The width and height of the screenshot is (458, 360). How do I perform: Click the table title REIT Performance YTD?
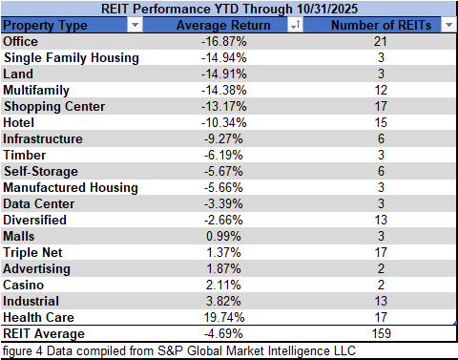pos(228,10)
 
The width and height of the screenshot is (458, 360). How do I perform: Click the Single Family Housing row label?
pos(71,58)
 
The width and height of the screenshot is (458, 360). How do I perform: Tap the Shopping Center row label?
pos(54,106)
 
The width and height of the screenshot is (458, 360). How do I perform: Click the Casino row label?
pos(24,285)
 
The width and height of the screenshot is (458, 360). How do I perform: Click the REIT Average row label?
pos(44,334)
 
